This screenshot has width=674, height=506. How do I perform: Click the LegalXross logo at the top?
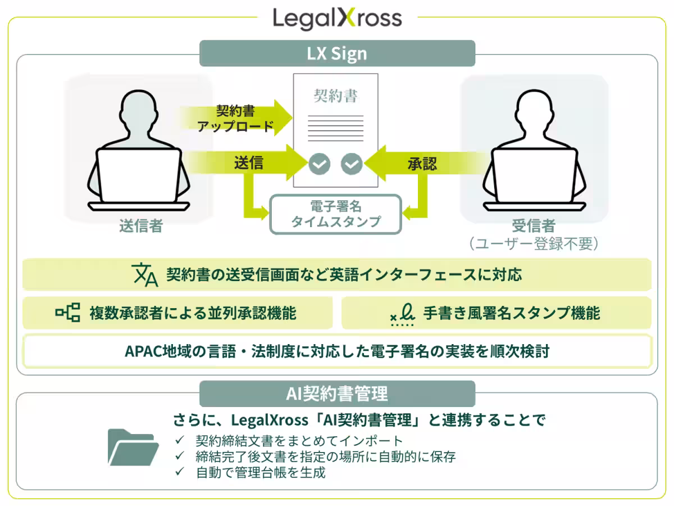tap(337, 19)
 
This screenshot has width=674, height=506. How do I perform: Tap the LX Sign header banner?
tap(337, 53)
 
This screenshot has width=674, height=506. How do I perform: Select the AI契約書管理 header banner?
tap(337, 394)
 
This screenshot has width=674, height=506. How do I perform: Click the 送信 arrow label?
tap(249, 162)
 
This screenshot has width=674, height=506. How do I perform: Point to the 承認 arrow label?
tap(422, 164)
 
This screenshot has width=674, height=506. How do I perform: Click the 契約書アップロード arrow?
tap(235, 118)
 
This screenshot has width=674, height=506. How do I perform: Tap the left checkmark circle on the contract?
tap(320, 164)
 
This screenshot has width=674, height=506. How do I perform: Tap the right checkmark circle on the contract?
tap(352, 164)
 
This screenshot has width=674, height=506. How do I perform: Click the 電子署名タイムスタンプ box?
tap(336, 214)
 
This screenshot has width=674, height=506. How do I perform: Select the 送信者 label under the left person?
tap(141, 226)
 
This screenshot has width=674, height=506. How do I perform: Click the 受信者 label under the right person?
tap(534, 226)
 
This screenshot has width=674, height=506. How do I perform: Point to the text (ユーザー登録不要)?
tap(534, 243)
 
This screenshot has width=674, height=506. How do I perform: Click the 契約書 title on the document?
tap(336, 96)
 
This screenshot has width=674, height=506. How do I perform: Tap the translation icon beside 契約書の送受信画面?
tap(145, 275)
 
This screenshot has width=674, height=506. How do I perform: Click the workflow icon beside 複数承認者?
tap(68, 313)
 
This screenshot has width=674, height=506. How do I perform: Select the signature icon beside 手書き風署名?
tap(402, 314)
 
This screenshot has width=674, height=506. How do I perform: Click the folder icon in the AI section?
tap(133, 448)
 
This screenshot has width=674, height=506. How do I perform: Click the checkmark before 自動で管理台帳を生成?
tap(180, 471)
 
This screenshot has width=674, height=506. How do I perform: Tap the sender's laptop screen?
tap(139, 175)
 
